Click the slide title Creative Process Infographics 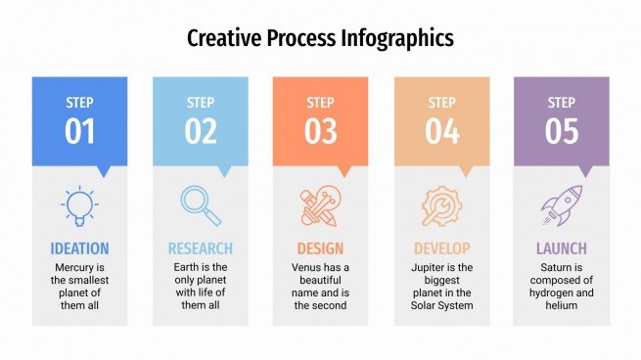(320, 38)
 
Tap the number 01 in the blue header (79, 131)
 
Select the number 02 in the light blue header (201, 131)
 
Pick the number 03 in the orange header (320, 131)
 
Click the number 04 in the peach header (441, 131)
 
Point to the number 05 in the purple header (562, 131)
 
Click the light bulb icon (79, 205)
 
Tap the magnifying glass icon (201, 205)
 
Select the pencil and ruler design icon (320, 206)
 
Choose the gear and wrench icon (441, 206)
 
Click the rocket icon (562, 205)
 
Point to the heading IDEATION (79, 248)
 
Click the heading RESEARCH (201, 248)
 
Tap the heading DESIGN (320, 248)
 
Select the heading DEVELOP (441, 248)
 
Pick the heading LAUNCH (562, 248)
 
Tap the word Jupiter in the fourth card (428, 267)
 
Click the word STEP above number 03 (320, 102)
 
